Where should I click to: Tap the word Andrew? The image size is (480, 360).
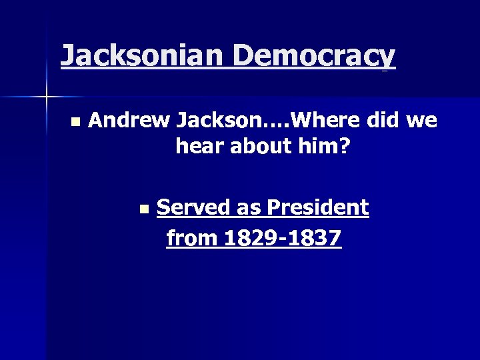[x=129, y=121]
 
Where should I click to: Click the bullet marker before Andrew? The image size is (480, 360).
[x=75, y=122]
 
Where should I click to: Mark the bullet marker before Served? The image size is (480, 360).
[x=144, y=209]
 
